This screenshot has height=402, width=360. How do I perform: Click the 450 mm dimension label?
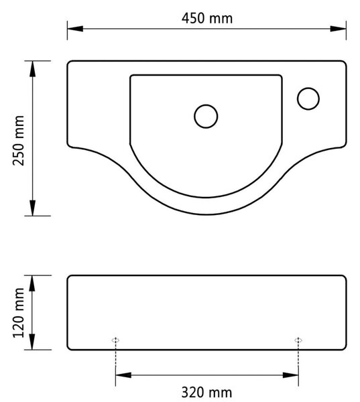point(207,19)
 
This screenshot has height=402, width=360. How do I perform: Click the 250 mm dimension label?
point(19,141)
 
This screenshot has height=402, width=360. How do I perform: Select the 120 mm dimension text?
point(19,312)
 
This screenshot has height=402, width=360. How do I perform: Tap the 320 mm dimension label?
point(206,392)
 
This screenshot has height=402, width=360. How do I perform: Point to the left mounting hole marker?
point(115,340)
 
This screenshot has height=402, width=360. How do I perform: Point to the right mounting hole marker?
point(298,340)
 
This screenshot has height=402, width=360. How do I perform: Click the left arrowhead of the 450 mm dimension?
point(75,29)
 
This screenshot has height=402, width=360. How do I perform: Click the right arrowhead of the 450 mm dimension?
point(338,29)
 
